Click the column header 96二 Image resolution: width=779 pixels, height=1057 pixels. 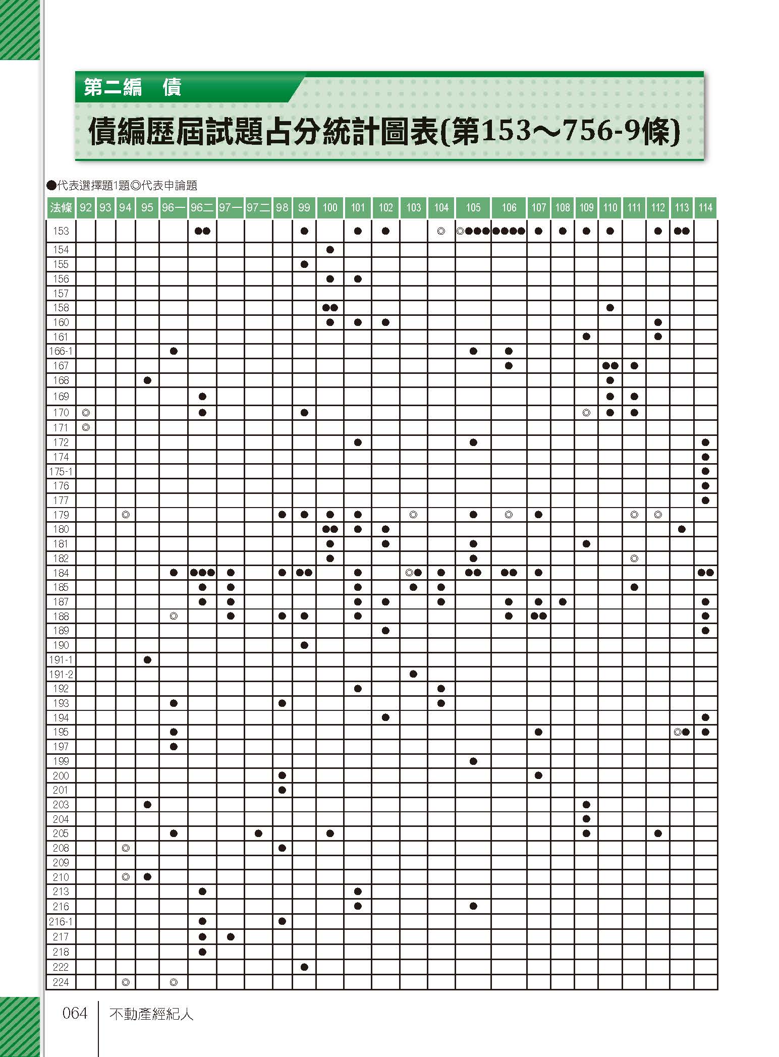coord(202,207)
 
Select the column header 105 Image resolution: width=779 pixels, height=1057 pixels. coord(473,207)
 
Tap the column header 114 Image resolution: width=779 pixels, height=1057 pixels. coord(705,207)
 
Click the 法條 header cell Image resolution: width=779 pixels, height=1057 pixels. coord(61,207)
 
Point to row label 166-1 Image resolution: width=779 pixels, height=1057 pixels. coord(61,351)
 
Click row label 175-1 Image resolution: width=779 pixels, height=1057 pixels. coord(61,471)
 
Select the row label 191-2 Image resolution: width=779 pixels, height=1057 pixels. coord(61,674)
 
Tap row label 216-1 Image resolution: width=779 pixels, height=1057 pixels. coord(61,922)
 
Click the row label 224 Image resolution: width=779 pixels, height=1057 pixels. coord(61,982)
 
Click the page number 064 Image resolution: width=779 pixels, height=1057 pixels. coord(75,1013)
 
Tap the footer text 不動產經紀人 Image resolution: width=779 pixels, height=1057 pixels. coord(151,1014)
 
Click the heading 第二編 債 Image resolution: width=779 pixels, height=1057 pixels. coord(132,88)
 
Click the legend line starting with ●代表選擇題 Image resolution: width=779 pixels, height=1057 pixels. coord(121,186)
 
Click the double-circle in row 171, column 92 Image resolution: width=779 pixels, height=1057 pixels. coord(86,427)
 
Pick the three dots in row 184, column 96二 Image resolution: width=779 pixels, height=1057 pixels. coord(202,573)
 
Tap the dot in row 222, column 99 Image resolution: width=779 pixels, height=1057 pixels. coord(304,967)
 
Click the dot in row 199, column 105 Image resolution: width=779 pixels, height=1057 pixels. coord(473,761)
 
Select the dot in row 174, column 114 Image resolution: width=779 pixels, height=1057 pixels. coord(705,457)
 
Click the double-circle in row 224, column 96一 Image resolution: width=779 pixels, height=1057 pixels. coord(174,982)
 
